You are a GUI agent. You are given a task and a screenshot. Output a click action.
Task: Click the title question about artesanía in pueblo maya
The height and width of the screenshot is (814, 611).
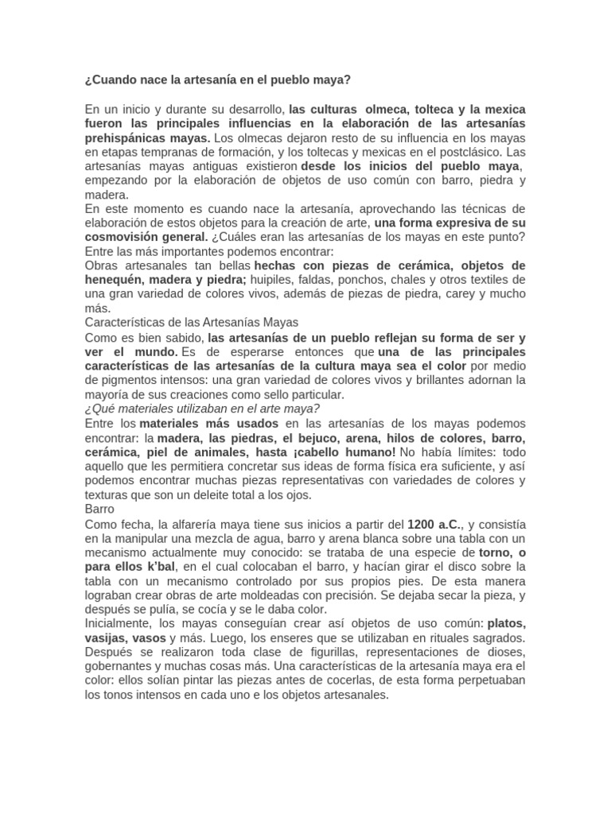coord(217,80)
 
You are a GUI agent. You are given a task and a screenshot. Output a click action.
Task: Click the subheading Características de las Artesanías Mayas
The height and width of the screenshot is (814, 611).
coord(191,323)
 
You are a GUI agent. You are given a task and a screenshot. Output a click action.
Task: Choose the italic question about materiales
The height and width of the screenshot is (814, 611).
coord(202,409)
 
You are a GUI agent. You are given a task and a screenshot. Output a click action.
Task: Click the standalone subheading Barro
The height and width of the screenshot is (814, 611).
coord(99,509)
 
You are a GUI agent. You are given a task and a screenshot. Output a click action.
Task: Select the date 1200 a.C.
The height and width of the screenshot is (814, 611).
coord(434,524)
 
